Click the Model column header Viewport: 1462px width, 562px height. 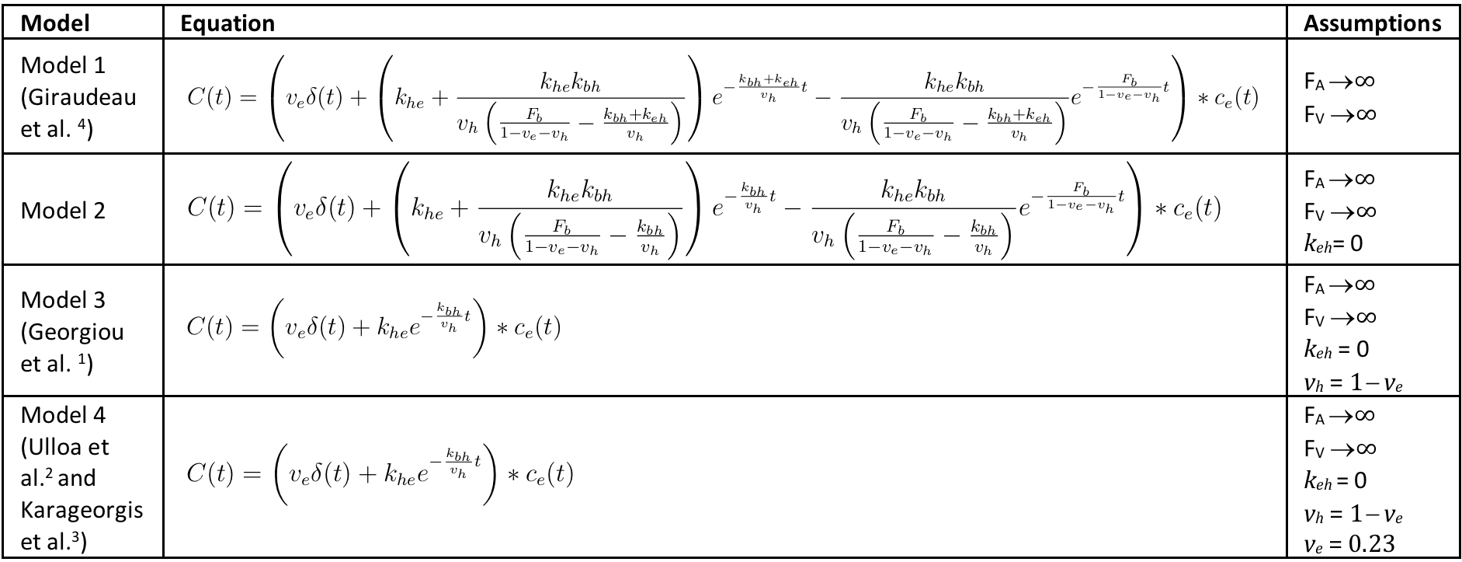tap(55, 23)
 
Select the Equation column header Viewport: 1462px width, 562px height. tap(227, 23)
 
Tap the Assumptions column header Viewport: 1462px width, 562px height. tap(1372, 23)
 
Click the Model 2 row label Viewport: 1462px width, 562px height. tap(63, 211)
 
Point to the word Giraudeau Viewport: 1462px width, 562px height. tap(78, 97)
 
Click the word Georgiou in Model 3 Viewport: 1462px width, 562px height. tap(72, 332)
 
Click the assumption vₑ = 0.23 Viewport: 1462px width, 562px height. tap(1349, 543)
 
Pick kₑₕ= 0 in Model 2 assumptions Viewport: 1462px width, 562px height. tap(1334, 243)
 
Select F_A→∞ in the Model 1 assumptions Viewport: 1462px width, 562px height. tap(1339, 81)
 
